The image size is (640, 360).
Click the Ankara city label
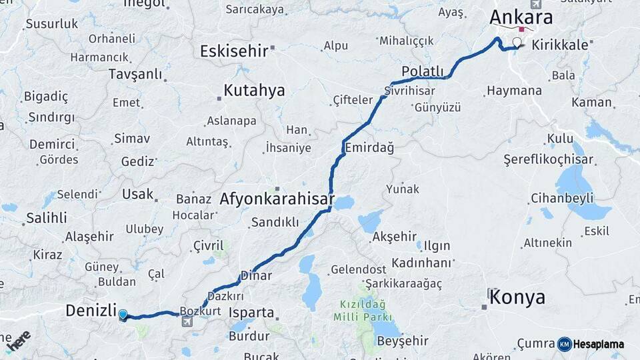coord(521,16)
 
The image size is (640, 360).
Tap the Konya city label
coord(517,297)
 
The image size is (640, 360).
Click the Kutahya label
coord(254,90)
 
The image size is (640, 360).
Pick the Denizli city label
coord(90,310)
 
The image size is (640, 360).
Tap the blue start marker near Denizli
coord(123,314)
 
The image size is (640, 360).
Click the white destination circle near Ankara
coord(517,43)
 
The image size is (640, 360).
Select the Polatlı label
coord(423,71)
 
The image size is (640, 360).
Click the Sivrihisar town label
coord(410,91)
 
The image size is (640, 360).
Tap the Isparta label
coord(251,312)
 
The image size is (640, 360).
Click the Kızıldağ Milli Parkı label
coord(367,311)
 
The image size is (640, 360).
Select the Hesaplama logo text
coord(599,344)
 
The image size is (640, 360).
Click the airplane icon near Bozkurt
coord(186,322)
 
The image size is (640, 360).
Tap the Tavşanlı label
coord(135,73)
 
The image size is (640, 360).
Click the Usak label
coord(137,194)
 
